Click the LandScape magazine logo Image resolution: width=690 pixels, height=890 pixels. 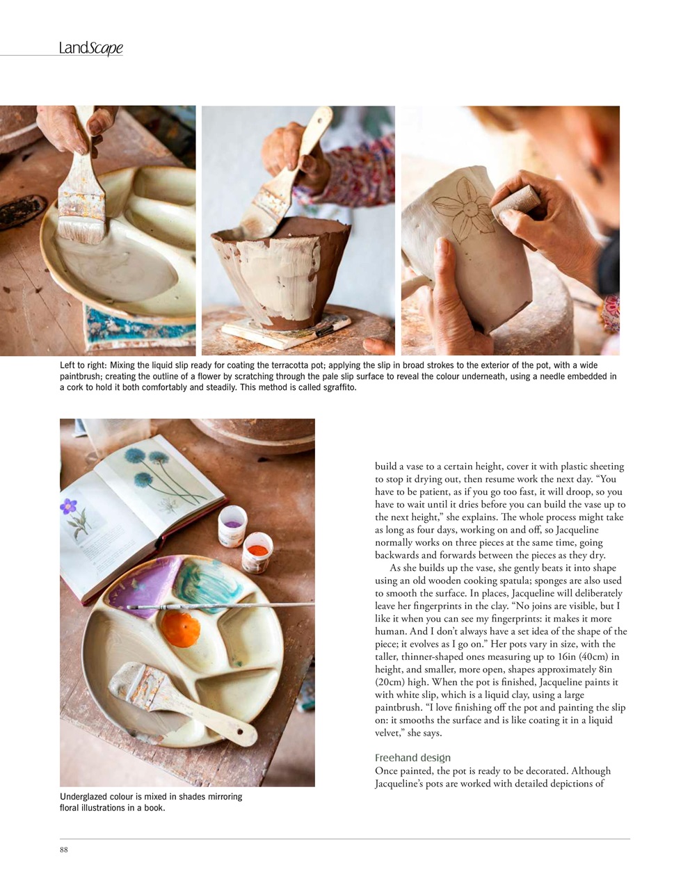pos(91,48)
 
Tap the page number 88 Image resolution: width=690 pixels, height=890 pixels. pos(64,849)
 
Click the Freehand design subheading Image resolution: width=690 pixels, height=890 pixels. pos(412,758)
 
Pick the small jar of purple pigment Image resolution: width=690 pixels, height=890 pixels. pos(232,526)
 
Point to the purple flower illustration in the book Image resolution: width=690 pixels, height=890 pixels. pos(69,507)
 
